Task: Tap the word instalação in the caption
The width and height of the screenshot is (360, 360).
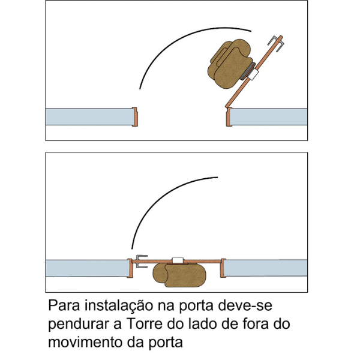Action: pyautogui.click(x=119, y=306)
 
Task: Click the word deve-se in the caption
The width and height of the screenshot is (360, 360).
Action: pyautogui.click(x=245, y=305)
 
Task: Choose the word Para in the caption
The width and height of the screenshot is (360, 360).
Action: pyautogui.click(x=64, y=305)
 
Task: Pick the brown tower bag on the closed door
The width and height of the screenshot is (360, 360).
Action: pyautogui.click(x=179, y=275)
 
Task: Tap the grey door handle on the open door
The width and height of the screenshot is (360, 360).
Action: pyautogui.click(x=277, y=43)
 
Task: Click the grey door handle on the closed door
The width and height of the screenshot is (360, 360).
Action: pyautogui.click(x=142, y=261)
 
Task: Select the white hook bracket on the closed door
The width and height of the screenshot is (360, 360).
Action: pyautogui.click(x=178, y=260)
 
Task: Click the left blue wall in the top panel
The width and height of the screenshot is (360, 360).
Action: pyautogui.click(x=89, y=116)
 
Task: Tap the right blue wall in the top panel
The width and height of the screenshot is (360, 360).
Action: pyautogui.click(x=269, y=116)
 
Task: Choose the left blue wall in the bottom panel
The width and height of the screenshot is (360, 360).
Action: pyautogui.click(x=87, y=268)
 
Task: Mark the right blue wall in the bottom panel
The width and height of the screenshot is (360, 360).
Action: pyautogui.click(x=265, y=268)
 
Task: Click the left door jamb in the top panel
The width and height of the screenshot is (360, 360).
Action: pyautogui.click(x=135, y=116)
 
